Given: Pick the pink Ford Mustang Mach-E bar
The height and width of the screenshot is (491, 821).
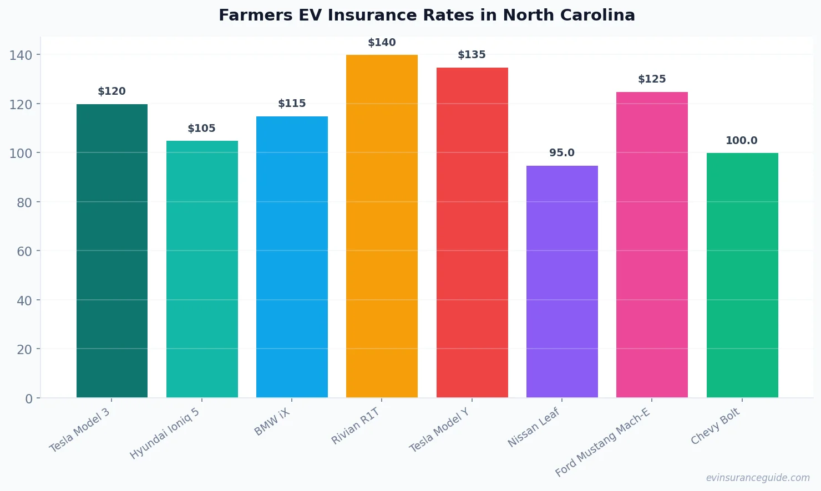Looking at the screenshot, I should [x=652, y=244].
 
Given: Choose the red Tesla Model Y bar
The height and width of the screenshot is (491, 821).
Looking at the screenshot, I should [x=472, y=232].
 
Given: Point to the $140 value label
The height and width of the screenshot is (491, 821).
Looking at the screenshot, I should [x=382, y=43].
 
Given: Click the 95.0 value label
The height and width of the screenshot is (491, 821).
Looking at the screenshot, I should [x=562, y=153].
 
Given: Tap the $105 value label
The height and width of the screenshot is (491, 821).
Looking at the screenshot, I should [x=201, y=129].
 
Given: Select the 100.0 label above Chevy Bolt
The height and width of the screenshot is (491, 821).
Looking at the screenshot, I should [x=742, y=141].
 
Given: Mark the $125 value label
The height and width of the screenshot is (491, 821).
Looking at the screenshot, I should [x=652, y=79].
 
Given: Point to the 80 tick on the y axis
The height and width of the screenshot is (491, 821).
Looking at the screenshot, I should [x=24, y=202].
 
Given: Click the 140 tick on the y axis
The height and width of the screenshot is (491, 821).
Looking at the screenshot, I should [x=21, y=55].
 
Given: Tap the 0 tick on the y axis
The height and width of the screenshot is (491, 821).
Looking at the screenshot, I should [x=29, y=398].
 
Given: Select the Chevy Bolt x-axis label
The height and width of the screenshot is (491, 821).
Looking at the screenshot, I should [x=715, y=426].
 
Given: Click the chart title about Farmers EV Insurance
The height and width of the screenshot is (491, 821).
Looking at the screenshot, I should [x=427, y=15].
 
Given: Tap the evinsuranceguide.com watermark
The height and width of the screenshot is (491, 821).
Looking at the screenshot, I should [x=758, y=478].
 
